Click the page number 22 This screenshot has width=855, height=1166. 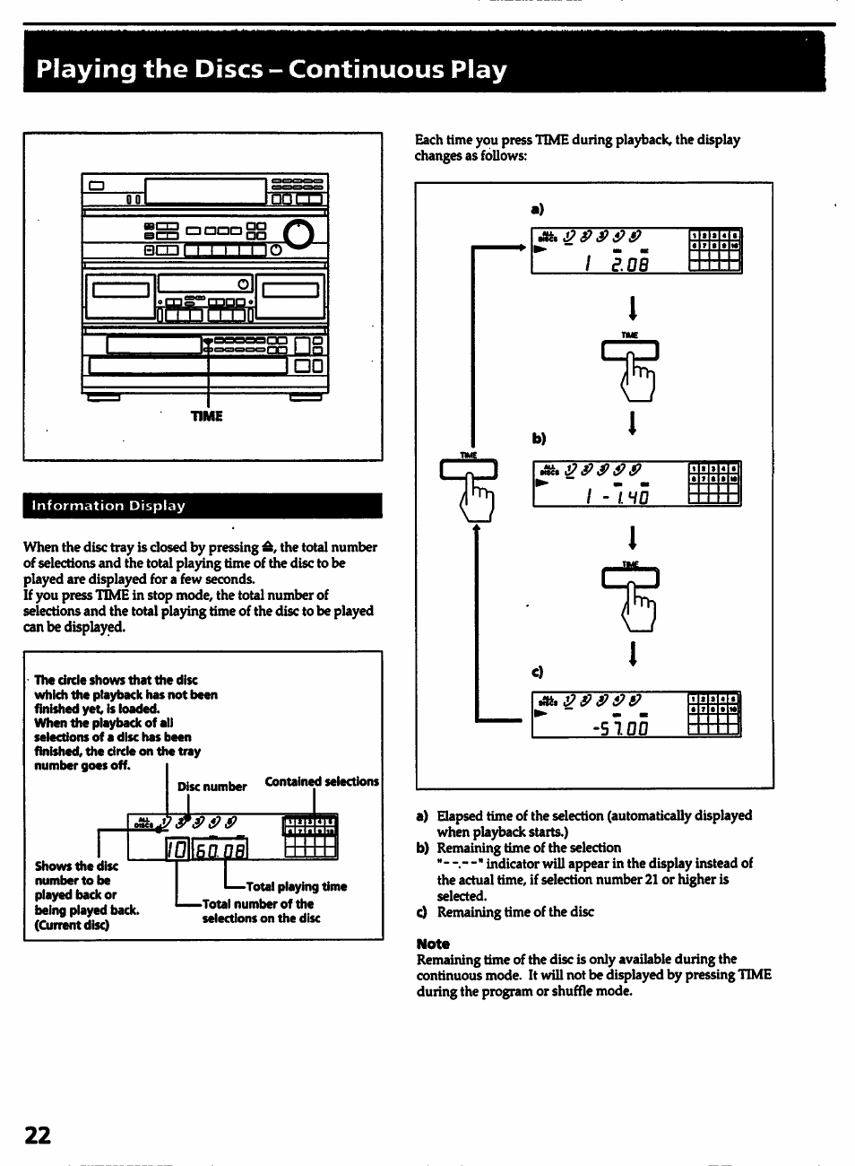[38, 1135]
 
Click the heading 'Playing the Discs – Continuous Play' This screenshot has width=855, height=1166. [272, 70]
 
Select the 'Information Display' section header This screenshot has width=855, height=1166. [108, 506]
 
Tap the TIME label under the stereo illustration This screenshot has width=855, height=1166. [207, 416]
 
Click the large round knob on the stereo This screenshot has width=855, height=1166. [300, 233]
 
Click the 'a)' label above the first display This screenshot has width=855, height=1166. [537, 209]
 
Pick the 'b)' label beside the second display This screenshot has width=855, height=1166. [538, 439]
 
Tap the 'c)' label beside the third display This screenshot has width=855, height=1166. [538, 671]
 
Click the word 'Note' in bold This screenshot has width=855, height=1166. [433, 944]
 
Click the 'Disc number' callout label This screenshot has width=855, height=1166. [212, 787]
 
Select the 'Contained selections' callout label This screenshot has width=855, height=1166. [322, 781]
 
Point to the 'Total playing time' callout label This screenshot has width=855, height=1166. [296, 886]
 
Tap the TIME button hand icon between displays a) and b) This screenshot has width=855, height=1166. [632, 363]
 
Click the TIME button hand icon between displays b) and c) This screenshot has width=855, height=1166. [632, 592]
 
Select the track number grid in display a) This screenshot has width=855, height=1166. [714, 251]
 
